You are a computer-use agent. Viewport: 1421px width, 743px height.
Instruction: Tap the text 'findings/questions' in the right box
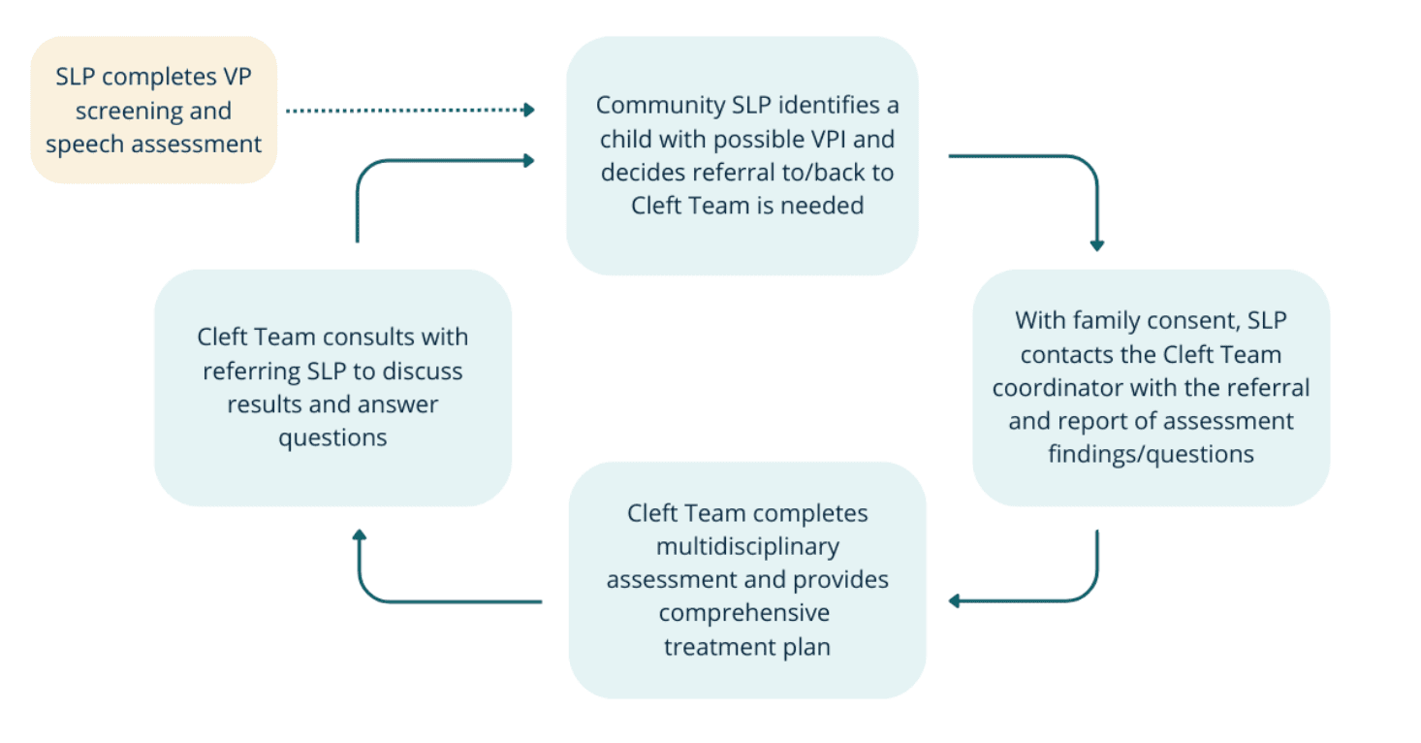(x=1151, y=454)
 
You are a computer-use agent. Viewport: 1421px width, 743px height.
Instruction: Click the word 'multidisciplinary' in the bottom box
(x=746, y=547)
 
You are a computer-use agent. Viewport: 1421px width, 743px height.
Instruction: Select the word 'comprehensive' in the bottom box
(x=744, y=613)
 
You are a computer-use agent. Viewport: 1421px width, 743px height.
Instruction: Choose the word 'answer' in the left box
(x=398, y=404)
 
